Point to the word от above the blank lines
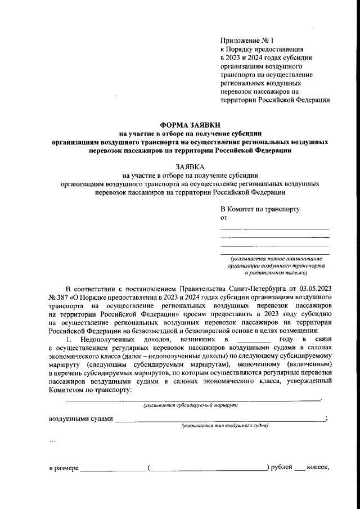[x=223, y=217]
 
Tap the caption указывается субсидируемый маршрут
[x=190, y=405]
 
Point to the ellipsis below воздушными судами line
[x=52, y=440]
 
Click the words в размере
[x=64, y=468]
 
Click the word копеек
[x=319, y=468]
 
